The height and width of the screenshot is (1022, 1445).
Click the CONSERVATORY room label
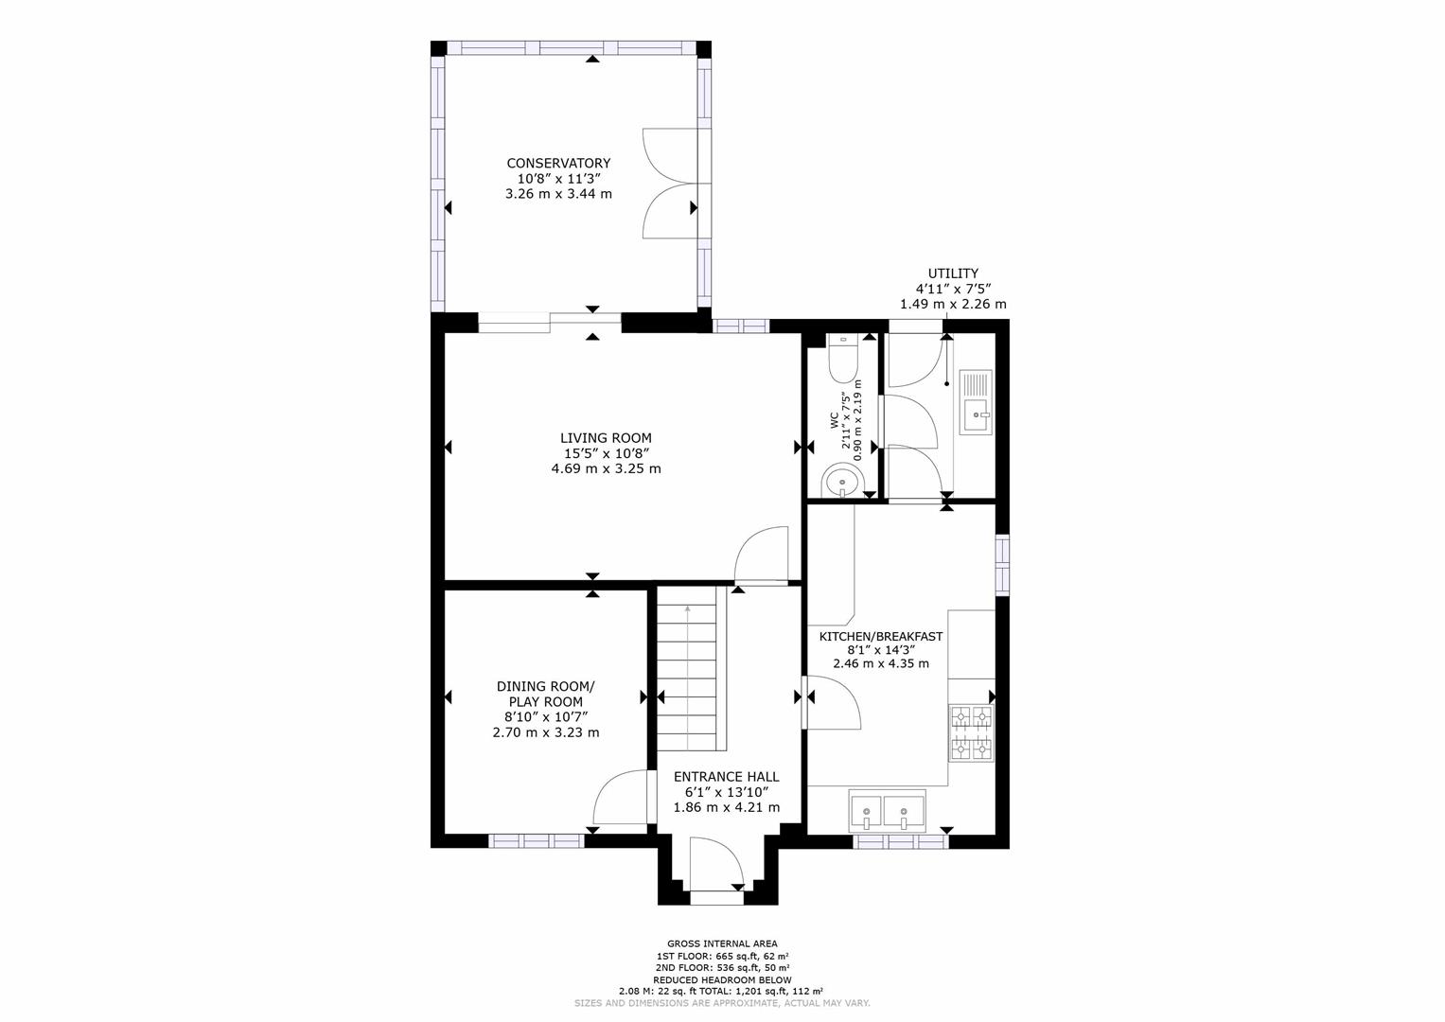[x=558, y=163]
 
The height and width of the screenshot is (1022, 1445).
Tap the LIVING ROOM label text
[x=606, y=437]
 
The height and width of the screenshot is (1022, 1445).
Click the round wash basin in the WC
[x=841, y=481]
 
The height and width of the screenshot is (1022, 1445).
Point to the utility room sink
[x=976, y=402]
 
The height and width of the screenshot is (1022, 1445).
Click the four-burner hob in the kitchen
[x=972, y=733]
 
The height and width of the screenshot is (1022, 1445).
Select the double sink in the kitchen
[x=888, y=811]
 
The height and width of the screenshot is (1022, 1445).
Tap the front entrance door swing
[x=717, y=866]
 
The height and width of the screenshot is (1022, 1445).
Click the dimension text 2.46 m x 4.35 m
[x=880, y=663]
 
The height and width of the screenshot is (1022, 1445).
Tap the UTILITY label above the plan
[x=953, y=273]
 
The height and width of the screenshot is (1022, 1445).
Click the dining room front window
[x=537, y=840]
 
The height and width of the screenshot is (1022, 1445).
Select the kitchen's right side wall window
[x=1001, y=565]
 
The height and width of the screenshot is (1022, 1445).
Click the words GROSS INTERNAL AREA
[x=722, y=943]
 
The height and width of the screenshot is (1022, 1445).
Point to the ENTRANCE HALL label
[x=726, y=777]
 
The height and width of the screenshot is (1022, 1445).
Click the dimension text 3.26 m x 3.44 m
[x=558, y=194]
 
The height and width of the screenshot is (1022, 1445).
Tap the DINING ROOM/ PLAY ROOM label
[x=546, y=694]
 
